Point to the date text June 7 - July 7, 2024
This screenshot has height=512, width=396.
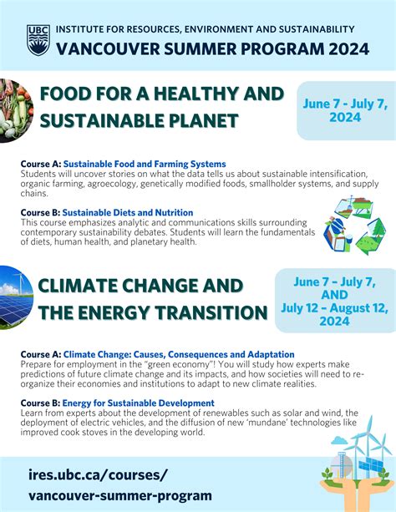(346, 109)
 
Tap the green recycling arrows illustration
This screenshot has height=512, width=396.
(354, 225)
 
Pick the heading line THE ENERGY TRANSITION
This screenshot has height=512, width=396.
(152, 313)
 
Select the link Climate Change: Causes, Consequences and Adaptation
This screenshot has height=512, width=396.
(179, 354)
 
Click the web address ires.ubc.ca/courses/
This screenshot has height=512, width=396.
(98, 475)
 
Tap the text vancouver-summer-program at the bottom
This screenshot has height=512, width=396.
(119, 495)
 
